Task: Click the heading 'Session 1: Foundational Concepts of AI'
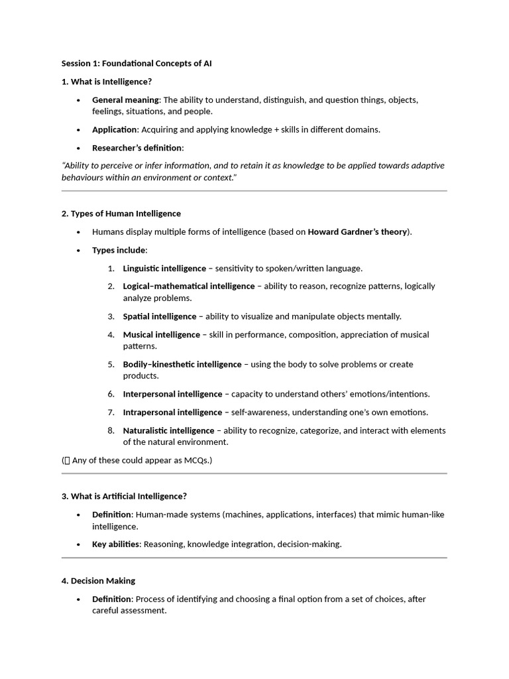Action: (x=137, y=64)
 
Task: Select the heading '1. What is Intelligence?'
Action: (x=107, y=82)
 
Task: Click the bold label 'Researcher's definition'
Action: (x=137, y=148)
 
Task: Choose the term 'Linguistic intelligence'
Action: (x=164, y=269)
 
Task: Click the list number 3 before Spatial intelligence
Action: (x=111, y=316)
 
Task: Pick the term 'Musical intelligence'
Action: (x=161, y=335)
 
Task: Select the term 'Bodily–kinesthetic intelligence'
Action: (x=182, y=365)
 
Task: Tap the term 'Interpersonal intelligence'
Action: (x=172, y=394)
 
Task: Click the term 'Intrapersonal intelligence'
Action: (x=172, y=412)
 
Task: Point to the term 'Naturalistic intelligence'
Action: (x=168, y=431)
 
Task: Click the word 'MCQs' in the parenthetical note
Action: (x=194, y=460)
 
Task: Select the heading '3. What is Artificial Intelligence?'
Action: (x=124, y=496)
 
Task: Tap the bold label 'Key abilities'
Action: (x=115, y=544)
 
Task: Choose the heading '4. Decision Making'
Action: (x=98, y=581)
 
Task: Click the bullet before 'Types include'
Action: (x=78, y=251)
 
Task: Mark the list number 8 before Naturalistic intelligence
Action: (x=111, y=431)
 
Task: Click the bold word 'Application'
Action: (x=114, y=130)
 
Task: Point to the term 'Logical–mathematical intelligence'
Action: (x=188, y=286)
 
